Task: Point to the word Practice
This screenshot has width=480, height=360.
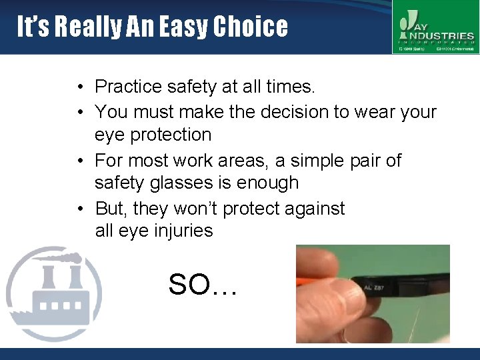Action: tap(128, 87)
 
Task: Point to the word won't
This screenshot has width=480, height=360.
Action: tap(196, 209)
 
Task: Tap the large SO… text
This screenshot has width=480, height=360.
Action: tap(203, 285)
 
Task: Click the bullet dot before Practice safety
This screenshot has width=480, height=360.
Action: tap(79, 87)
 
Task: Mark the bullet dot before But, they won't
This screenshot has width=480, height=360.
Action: tap(79, 209)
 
